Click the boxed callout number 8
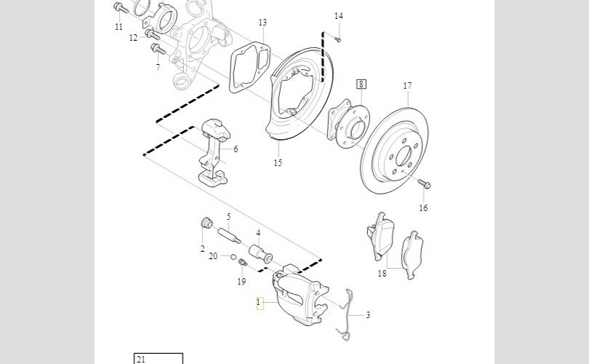[x=361, y=84]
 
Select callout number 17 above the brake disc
[x=407, y=86]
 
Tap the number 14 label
[x=338, y=16]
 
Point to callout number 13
[x=263, y=23]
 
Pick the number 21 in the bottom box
[x=141, y=359]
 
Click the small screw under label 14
[x=337, y=39]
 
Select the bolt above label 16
[x=425, y=183]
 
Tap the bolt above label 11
[x=120, y=7]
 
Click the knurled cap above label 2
[x=207, y=223]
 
